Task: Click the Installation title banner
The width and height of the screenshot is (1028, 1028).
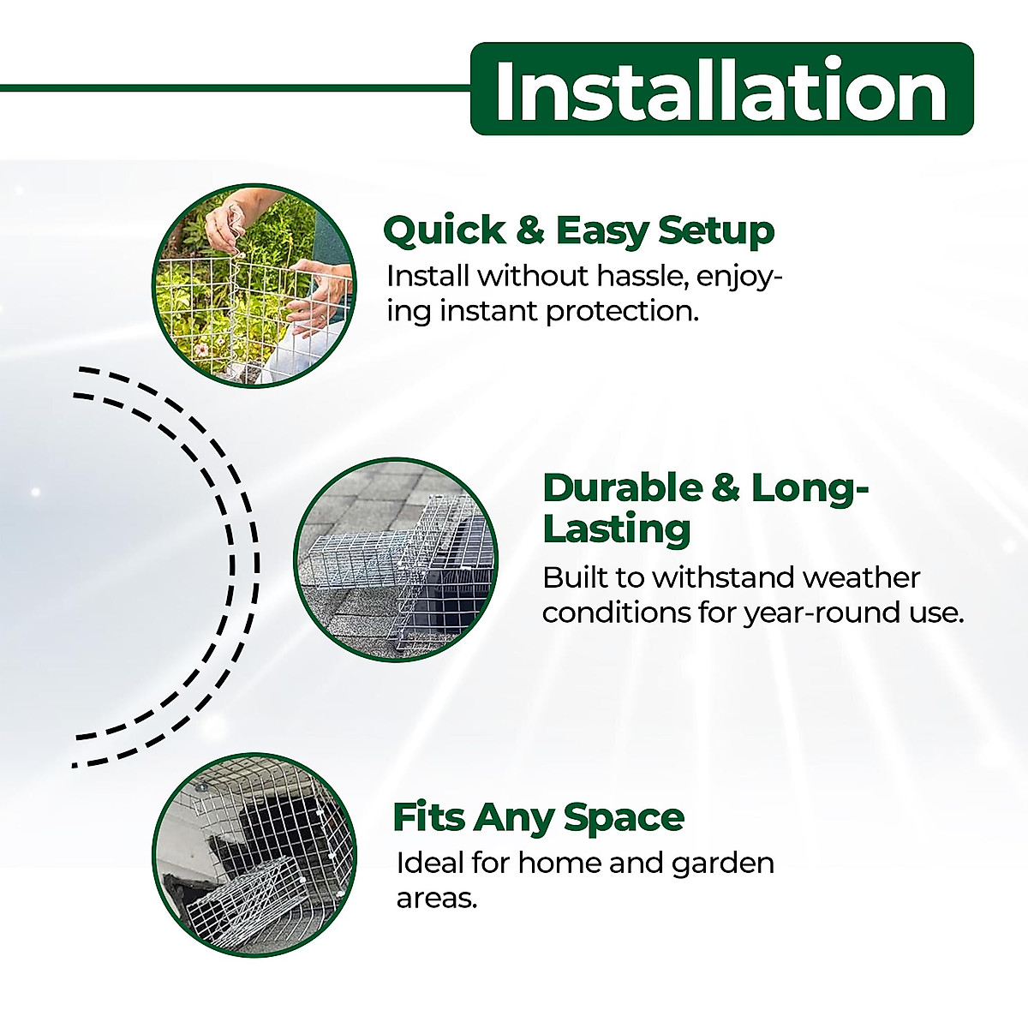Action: coord(721,89)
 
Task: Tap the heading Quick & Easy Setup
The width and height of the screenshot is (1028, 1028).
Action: coord(578,230)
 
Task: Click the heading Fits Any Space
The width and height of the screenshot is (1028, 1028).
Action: coord(538,817)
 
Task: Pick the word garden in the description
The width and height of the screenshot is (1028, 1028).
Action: coord(722,863)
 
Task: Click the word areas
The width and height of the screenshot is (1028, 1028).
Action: coord(436,898)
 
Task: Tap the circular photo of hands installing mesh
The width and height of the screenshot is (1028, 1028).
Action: coord(254,284)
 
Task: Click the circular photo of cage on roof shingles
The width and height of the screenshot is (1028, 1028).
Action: coord(396,558)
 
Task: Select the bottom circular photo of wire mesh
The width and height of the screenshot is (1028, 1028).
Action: coord(254,854)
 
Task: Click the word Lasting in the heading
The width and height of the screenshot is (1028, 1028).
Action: coord(617,529)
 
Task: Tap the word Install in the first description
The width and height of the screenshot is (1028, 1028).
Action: coord(427,276)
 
